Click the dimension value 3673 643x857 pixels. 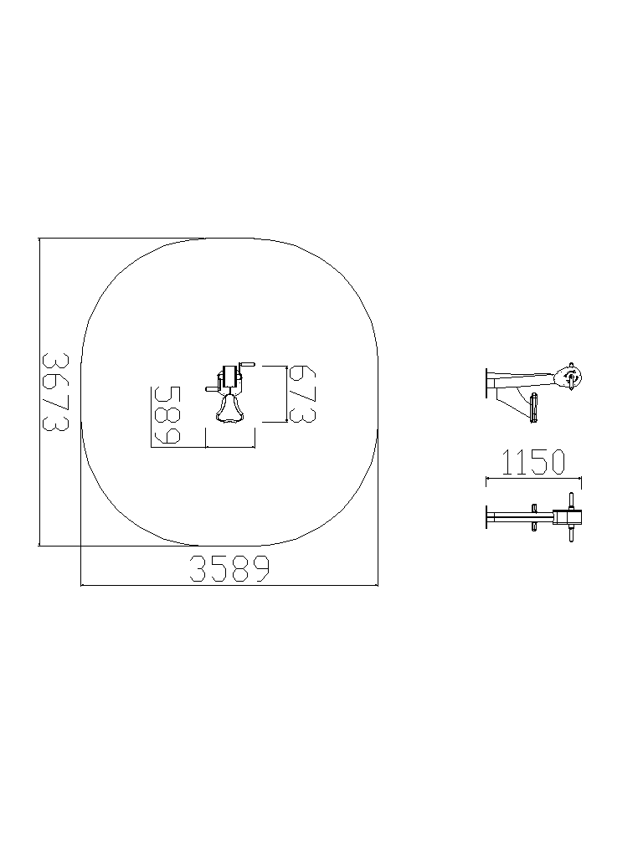point(55,392)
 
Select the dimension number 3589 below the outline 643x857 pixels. point(229,568)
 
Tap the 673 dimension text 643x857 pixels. point(301,393)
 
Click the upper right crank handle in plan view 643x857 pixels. point(248,365)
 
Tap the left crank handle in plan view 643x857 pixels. point(212,388)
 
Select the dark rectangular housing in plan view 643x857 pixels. point(229,377)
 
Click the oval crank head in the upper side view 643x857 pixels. point(569,377)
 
